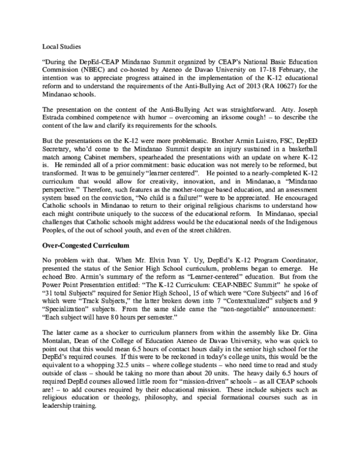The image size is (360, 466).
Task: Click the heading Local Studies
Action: pyautogui.click(x=62, y=46)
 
